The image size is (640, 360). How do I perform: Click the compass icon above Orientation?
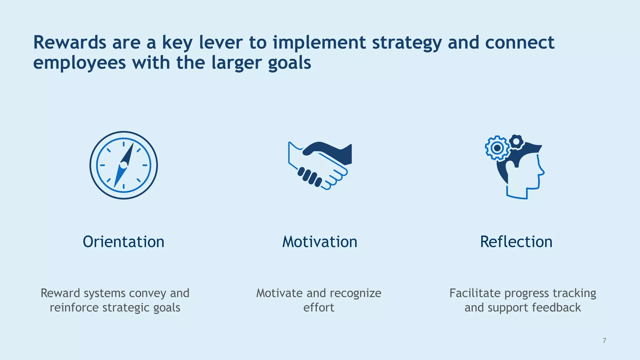[124, 165]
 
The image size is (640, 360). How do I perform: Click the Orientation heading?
[123, 242]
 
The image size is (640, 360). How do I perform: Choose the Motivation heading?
[320, 242]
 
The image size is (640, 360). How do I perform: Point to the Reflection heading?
[516, 242]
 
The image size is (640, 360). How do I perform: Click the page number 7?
[604, 341]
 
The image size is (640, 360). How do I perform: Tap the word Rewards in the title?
[69, 42]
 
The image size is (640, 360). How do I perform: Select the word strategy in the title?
[407, 43]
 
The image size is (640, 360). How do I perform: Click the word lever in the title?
[221, 42]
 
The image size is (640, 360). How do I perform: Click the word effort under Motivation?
[319, 307]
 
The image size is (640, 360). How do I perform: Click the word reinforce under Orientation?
[74, 307]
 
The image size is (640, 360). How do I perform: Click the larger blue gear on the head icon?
[497, 148]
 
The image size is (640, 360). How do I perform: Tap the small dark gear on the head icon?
[516, 142]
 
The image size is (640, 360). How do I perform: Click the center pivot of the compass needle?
[124, 165]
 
